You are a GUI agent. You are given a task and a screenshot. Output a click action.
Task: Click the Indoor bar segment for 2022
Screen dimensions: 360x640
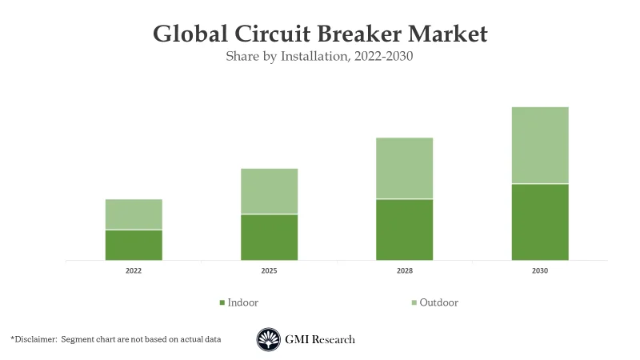pos(134,245)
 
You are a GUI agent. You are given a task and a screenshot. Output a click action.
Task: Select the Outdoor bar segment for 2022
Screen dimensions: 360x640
pos(134,214)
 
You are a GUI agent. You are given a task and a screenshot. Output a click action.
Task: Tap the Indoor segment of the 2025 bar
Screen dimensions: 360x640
pos(269,237)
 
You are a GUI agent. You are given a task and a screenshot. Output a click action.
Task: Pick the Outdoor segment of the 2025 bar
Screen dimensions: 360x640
pos(269,191)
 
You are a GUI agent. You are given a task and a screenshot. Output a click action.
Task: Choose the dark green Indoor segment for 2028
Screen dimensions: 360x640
pos(404,230)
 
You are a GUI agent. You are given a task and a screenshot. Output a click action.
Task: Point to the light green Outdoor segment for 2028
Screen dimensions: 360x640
pos(404,168)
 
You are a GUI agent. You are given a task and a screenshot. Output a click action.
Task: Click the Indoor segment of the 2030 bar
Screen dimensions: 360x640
pos(540,222)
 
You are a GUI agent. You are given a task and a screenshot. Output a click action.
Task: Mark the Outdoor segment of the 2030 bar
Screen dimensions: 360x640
pos(540,145)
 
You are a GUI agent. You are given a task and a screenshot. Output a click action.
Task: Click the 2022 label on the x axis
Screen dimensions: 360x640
pos(134,271)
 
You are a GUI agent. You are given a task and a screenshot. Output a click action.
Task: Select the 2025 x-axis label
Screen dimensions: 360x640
pos(269,271)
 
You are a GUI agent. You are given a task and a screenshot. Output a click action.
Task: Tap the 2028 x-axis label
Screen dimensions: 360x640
pos(404,271)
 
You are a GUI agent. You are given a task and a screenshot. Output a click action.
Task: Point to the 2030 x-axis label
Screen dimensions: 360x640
pos(540,271)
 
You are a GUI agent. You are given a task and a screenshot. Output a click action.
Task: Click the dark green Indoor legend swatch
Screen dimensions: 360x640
pos(222,303)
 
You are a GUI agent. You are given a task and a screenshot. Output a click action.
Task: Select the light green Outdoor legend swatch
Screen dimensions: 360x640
pos(414,303)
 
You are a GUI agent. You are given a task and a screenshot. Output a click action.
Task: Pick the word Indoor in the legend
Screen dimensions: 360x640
pos(243,302)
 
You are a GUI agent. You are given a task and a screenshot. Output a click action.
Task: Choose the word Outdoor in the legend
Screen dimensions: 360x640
pos(439,302)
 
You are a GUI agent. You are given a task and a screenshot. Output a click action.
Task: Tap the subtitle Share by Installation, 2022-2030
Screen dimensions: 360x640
pos(319,57)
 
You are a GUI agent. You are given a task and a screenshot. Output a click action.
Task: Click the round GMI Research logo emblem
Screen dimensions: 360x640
pos(269,340)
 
